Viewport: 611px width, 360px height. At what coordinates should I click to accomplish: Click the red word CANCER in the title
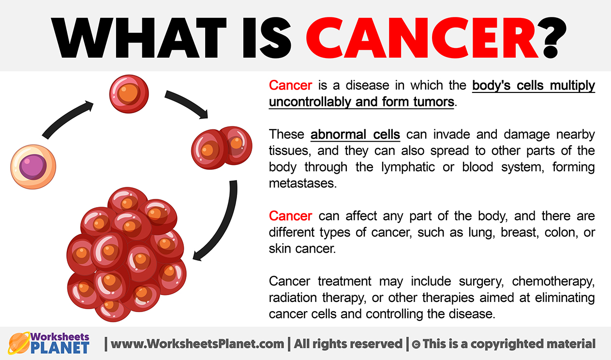pyautogui.click(x=422, y=38)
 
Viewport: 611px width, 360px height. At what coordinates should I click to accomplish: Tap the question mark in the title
pyautogui.click(x=554, y=38)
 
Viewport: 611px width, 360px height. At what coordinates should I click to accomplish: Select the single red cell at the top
pyautogui.click(x=129, y=94)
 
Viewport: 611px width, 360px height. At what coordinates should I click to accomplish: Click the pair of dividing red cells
pyautogui.click(x=222, y=147)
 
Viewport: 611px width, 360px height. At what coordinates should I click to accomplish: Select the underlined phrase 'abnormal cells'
pyautogui.click(x=355, y=135)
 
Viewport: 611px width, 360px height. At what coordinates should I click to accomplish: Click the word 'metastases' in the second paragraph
pyautogui.click(x=303, y=183)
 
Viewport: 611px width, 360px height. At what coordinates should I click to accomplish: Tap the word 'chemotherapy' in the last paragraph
pyautogui.click(x=553, y=282)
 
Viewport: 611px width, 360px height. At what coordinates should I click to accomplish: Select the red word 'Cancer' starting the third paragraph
pyautogui.click(x=290, y=216)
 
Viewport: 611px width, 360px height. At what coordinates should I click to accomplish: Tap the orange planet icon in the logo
pyautogui.click(x=19, y=343)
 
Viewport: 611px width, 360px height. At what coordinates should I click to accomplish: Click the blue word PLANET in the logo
pyautogui.click(x=60, y=348)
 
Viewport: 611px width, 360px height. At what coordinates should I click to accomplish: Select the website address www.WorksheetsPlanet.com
pyautogui.click(x=197, y=344)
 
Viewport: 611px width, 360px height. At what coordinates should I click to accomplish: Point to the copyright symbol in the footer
pyautogui.click(x=416, y=344)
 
